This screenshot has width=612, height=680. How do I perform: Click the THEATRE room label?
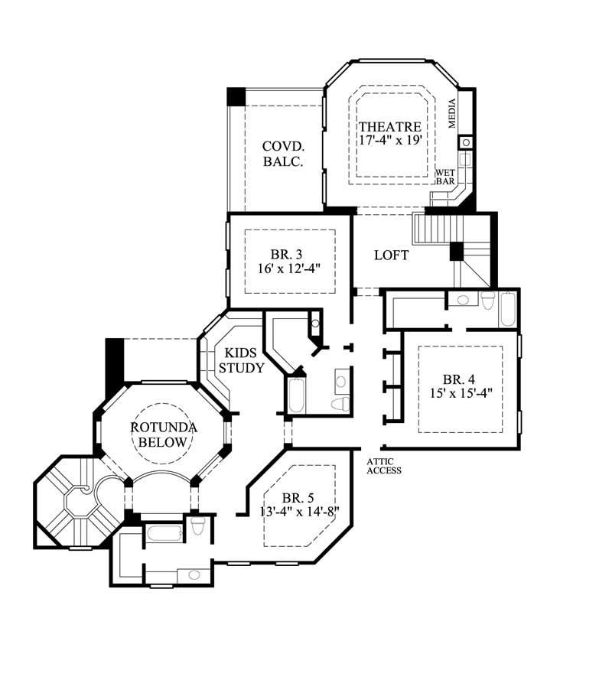coord(390,126)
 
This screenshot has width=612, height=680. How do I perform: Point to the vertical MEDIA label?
coord(452,114)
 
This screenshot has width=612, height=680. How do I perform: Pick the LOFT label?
coord(391,255)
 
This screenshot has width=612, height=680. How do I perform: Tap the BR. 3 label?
coord(288,255)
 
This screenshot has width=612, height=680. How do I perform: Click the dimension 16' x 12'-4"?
coord(288,269)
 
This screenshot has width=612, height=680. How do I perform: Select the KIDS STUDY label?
coord(242,360)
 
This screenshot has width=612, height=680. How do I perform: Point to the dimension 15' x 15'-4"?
coord(461,393)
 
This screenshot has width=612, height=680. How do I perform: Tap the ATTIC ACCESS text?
coord(384,466)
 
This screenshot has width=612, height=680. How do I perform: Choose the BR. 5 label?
coord(299,496)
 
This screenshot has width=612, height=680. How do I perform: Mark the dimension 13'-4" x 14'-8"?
coord(299,511)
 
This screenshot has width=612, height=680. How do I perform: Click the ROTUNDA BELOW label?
coord(164,434)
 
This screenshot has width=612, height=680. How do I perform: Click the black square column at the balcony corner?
coord(236,97)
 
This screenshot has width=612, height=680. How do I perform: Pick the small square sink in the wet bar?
coord(464,142)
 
